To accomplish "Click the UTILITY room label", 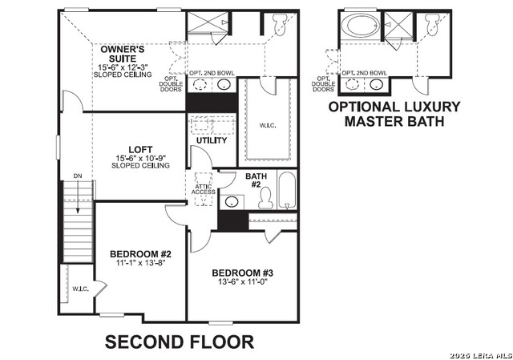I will [x=212, y=140].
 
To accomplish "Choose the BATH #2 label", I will [x=256, y=180].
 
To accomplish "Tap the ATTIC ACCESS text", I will [x=202, y=189].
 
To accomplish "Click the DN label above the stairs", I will [x=77, y=175].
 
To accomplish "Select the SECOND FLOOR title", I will [x=180, y=342].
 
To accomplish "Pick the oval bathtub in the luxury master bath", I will [x=361, y=26].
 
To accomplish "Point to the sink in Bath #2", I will [x=232, y=200].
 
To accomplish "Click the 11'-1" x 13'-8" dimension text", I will [x=140, y=262].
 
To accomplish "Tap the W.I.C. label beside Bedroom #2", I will [x=79, y=289].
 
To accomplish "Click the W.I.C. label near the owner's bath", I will [x=269, y=124].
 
